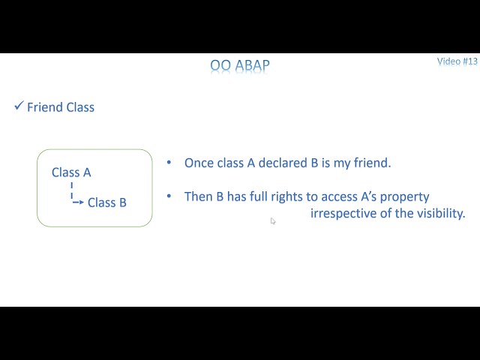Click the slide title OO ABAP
tap(239, 66)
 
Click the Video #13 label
tap(457, 61)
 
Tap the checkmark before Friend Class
tap(19, 106)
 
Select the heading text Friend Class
tap(61, 107)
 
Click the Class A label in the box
tap(71, 172)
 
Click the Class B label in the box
tap(106, 202)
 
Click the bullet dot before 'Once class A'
tap(169, 163)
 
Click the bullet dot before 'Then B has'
tap(169, 196)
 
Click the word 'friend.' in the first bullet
tap(371, 163)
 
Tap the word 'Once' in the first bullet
tap(199, 163)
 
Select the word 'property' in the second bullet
tap(404, 197)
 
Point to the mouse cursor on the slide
tap(273, 221)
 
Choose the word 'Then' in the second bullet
tap(199, 196)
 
